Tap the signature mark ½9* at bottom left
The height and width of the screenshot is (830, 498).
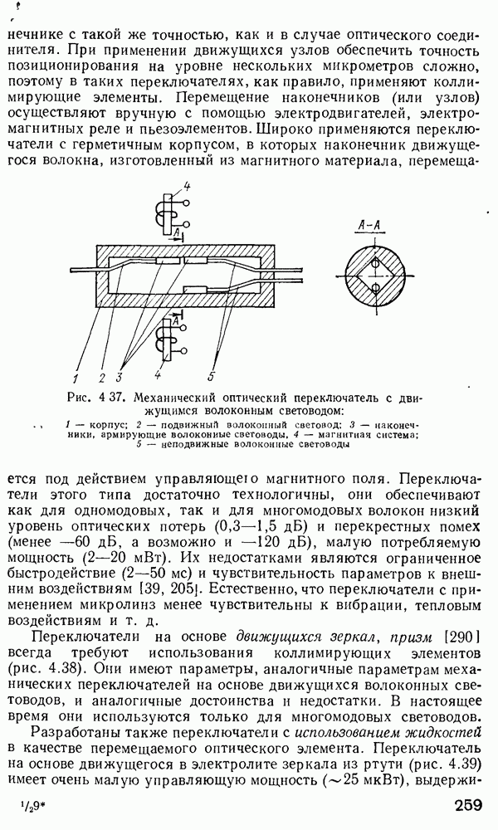point(34,806)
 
